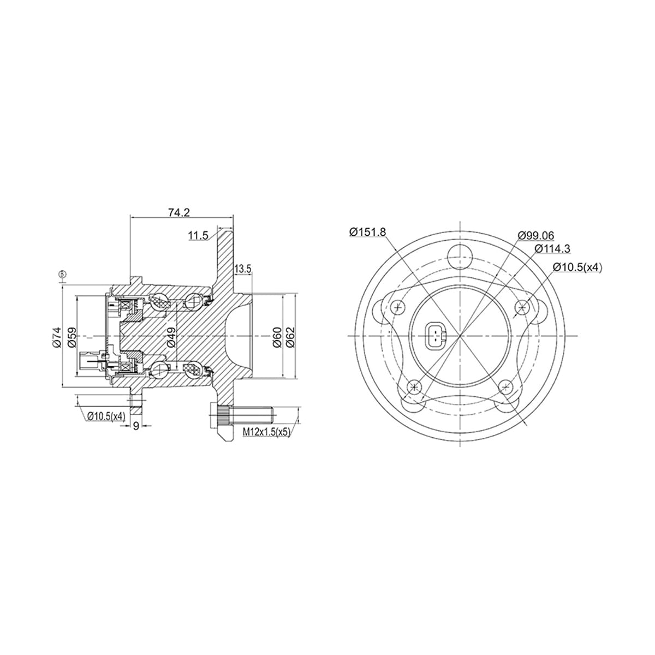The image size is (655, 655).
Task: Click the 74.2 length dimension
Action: click(x=179, y=212)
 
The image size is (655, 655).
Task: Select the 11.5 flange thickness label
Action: click(x=199, y=236)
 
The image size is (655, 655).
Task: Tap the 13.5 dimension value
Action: click(x=243, y=269)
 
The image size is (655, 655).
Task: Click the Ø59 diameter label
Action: click(x=72, y=337)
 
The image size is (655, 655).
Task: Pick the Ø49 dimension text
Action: click(x=171, y=337)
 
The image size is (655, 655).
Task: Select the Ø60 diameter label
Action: click(x=277, y=337)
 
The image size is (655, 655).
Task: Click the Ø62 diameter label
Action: click(x=290, y=337)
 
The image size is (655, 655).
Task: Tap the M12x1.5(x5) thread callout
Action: click(x=266, y=432)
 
